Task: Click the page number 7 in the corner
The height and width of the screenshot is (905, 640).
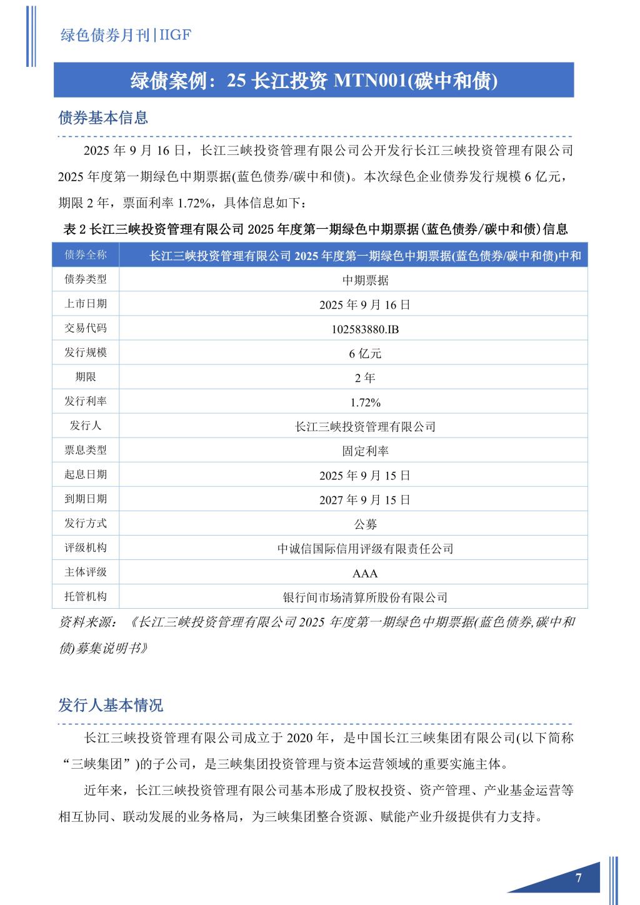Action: coord(578,878)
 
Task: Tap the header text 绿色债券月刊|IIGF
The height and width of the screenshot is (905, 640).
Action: coord(125,36)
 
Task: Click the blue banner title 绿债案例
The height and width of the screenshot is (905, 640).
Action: coord(314,81)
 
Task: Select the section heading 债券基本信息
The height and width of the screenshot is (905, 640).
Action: coord(103,117)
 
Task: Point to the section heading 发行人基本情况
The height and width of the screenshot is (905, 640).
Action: coord(111,705)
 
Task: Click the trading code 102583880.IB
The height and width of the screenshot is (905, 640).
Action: coord(365,329)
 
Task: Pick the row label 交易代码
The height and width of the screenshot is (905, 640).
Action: coord(86,328)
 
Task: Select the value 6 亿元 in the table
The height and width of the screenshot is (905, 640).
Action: coord(365,354)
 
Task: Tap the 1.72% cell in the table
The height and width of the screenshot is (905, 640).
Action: coord(365,402)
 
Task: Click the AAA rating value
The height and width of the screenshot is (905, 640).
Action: coord(365,573)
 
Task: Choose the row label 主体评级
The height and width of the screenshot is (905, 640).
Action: coord(86,572)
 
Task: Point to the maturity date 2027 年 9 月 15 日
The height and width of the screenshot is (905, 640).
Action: coord(365,500)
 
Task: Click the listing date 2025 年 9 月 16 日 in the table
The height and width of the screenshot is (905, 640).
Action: coord(365,305)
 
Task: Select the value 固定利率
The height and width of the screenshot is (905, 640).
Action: coord(365,451)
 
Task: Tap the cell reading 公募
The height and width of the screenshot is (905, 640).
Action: coord(365,524)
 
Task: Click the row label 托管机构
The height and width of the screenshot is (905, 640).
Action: coord(86,596)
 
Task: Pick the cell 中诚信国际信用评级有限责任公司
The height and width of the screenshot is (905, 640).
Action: coord(365,549)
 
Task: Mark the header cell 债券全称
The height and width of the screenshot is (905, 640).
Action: coord(86,255)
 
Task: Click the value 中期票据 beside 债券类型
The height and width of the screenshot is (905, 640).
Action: coord(365,281)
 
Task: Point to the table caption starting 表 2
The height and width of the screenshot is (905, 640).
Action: coord(316,229)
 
